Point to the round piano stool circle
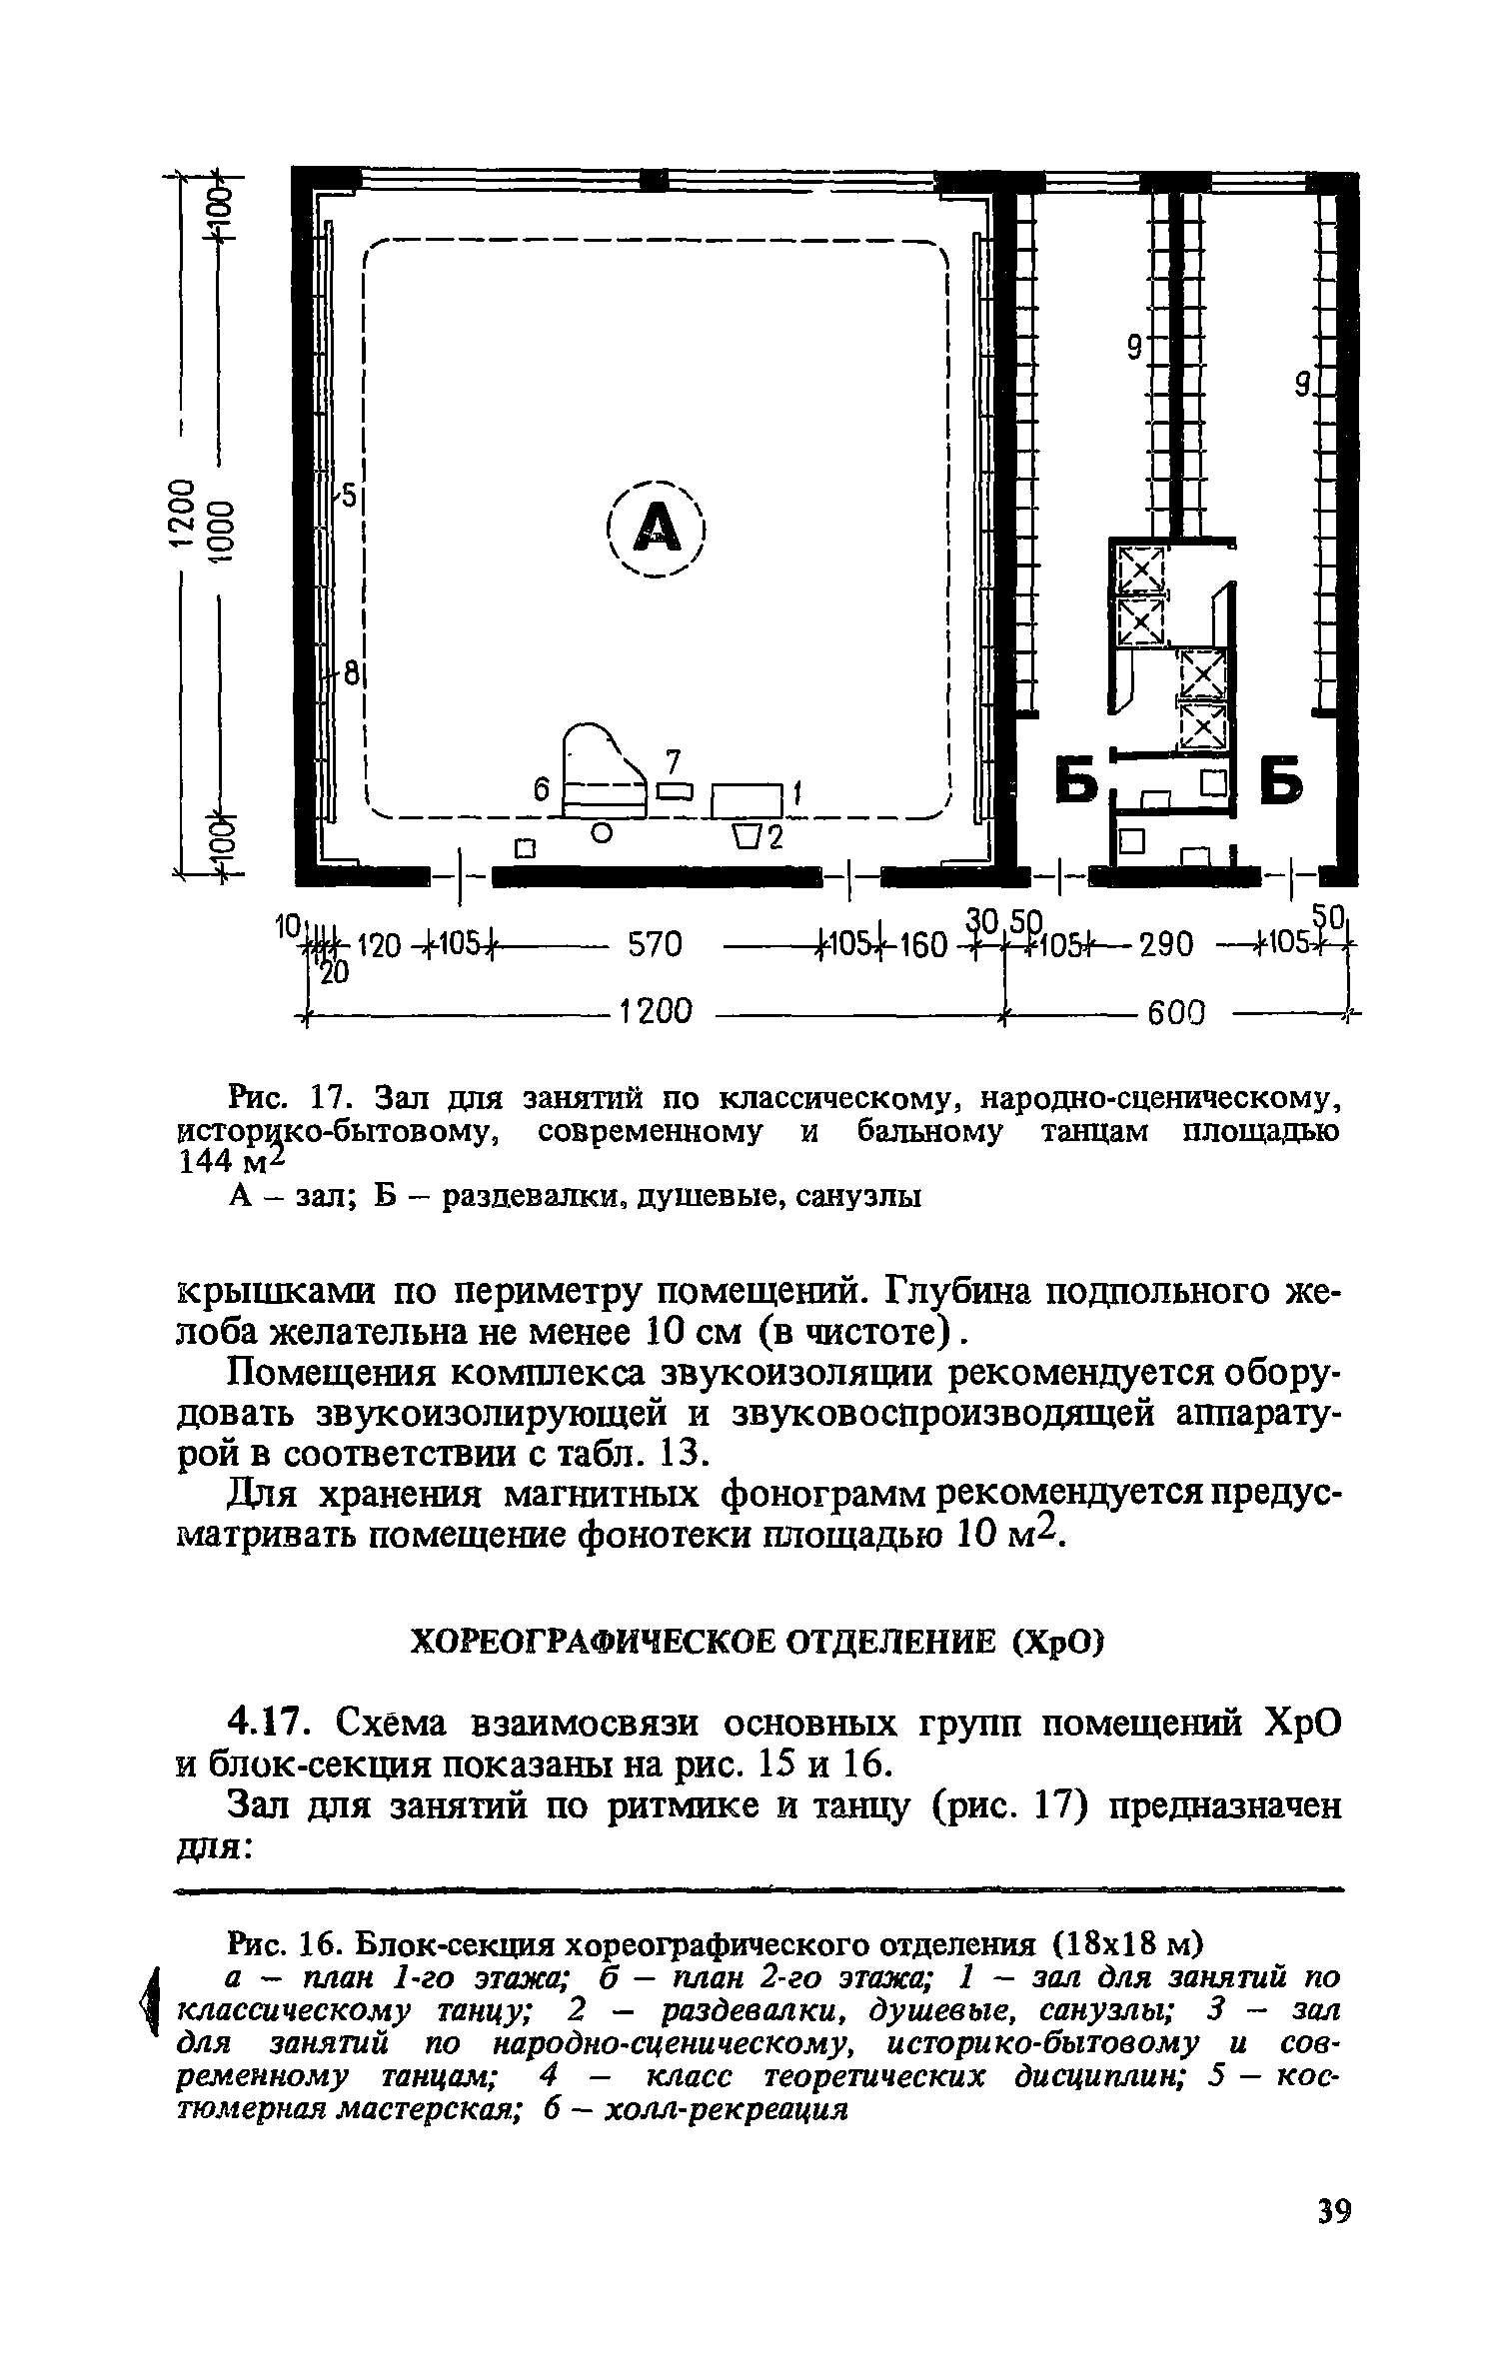601,830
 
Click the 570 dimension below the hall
655,944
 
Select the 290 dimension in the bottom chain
1165,944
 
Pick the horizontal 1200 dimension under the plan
656,1013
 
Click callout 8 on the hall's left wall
350,676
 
